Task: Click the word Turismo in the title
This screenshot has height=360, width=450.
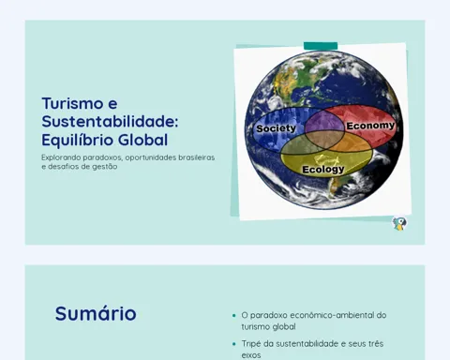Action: [x=72, y=103]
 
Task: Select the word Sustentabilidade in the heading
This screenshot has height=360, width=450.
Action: [x=110, y=121]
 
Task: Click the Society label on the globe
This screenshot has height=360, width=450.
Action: [x=276, y=128]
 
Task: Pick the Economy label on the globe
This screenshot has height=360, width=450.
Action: [x=370, y=126]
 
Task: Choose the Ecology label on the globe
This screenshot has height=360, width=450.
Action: [x=323, y=170]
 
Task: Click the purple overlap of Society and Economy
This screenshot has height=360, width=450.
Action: [x=324, y=122]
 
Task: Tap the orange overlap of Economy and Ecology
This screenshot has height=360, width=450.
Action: [x=356, y=142]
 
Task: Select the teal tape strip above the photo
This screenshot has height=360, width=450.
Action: [x=321, y=46]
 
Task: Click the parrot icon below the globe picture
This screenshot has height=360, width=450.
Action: [x=399, y=224]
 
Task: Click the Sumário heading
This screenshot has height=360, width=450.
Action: [x=96, y=313]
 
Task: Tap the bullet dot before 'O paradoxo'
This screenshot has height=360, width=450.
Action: [x=234, y=316]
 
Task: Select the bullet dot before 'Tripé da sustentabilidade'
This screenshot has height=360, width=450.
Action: [x=234, y=344]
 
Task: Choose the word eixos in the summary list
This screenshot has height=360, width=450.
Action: [x=251, y=355]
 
